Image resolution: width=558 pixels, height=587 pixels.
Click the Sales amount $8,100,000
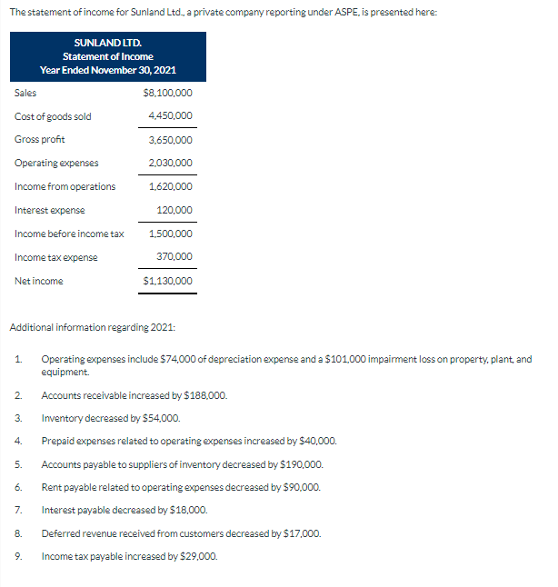click(168, 93)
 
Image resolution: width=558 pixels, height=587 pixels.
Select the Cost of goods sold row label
click(53, 116)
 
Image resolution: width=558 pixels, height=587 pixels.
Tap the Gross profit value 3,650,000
click(170, 140)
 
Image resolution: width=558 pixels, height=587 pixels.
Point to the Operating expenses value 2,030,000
click(170, 164)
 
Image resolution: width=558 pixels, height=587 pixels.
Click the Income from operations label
click(65, 187)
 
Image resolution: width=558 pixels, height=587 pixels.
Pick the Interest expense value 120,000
click(174, 211)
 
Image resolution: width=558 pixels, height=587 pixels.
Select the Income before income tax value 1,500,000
click(170, 234)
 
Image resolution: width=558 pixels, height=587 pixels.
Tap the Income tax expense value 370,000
click(174, 258)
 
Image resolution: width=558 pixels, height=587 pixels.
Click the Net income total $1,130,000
click(168, 282)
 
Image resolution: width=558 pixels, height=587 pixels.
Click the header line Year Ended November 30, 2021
click(108, 70)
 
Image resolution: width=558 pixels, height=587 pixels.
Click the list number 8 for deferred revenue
click(17, 532)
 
